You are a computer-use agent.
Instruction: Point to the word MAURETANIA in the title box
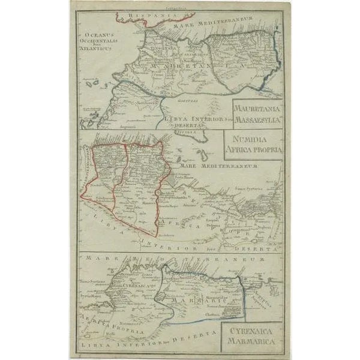[256, 107]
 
